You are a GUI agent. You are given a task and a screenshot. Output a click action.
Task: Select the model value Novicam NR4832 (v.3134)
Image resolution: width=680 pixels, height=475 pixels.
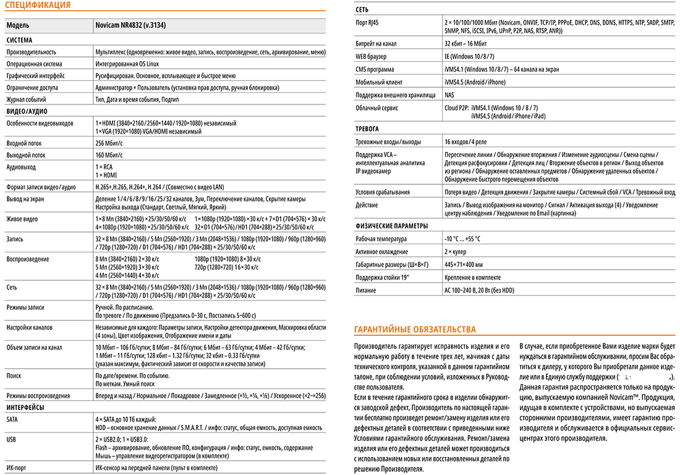click(130, 26)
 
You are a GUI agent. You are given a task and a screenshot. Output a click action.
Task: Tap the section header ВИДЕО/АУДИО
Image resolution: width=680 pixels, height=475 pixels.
click(27, 111)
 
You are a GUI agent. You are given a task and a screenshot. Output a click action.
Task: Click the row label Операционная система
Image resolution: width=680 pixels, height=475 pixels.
click(34, 64)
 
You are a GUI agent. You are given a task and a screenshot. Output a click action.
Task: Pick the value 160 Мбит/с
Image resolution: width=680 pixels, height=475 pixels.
click(109, 155)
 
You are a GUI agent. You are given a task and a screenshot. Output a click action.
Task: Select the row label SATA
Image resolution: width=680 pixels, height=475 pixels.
click(12, 419)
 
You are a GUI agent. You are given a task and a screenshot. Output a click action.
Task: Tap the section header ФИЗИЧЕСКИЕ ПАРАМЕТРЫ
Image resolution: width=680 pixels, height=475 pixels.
click(391, 226)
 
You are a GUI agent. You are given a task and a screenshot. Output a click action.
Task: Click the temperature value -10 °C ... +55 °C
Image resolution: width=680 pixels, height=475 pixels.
click(462, 239)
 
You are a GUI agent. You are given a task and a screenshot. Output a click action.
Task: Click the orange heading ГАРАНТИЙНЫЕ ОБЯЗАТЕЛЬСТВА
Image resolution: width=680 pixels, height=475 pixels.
click(414, 329)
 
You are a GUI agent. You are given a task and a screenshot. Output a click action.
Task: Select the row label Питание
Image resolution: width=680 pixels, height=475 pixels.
click(366, 290)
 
